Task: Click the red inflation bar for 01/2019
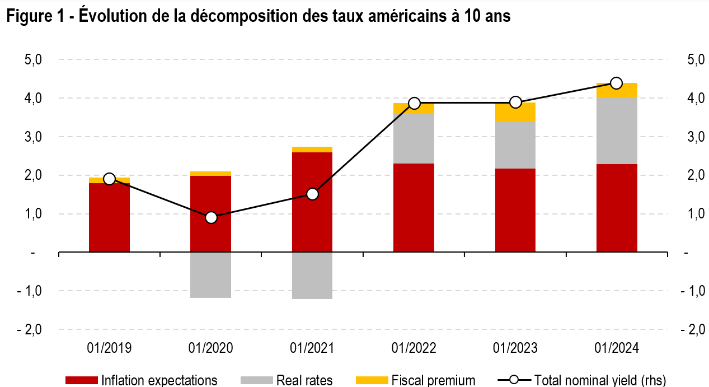[x=110, y=218]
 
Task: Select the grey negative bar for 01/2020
[x=211, y=275]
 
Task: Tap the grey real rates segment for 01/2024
[x=617, y=130]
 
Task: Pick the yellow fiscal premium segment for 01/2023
[x=515, y=112]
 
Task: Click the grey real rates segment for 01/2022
[x=414, y=138]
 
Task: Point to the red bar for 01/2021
[x=312, y=202]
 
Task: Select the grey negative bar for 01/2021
[x=312, y=276]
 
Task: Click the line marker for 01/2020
[x=211, y=217]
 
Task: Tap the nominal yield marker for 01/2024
[x=616, y=83]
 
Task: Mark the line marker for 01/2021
[x=312, y=194]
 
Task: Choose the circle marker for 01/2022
[x=414, y=103]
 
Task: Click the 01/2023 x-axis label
[x=515, y=348]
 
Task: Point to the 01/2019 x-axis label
[x=110, y=348]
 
